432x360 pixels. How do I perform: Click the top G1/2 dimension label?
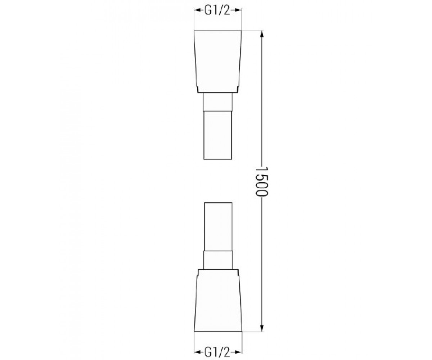pyautogui.click(x=217, y=10)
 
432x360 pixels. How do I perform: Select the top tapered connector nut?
pyautogui.click(x=218, y=62)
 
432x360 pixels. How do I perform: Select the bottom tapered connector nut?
pyautogui.click(x=218, y=303)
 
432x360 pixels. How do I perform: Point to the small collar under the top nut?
pyautogui.click(x=217, y=102)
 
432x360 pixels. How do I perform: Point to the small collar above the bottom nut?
pyautogui.click(x=218, y=260)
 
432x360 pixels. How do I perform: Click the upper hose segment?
pyautogui.click(x=217, y=135)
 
